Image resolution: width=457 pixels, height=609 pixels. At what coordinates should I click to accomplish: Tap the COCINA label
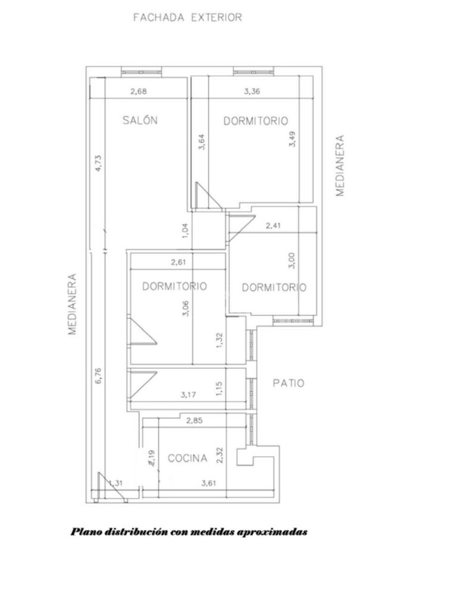pyautogui.click(x=187, y=459)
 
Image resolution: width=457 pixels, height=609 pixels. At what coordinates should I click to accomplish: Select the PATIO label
pyautogui.click(x=289, y=384)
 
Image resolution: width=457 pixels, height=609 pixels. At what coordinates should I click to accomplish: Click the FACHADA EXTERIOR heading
pyautogui.click(x=187, y=17)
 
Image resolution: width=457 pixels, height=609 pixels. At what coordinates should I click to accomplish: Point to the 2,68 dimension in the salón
pyautogui.click(x=139, y=92)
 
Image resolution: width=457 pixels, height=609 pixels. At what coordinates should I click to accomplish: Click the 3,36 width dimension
pyautogui.click(x=252, y=92)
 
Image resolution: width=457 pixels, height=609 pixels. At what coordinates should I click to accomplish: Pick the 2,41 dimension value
pyautogui.click(x=273, y=225)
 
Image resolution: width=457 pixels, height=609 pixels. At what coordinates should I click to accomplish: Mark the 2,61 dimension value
pyautogui.click(x=179, y=262)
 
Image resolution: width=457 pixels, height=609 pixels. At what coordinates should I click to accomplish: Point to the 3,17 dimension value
pyautogui.click(x=189, y=395)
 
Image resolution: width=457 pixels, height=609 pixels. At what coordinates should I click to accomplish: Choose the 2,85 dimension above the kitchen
pyautogui.click(x=195, y=420)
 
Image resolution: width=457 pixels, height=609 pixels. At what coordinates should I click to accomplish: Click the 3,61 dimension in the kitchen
pyautogui.click(x=208, y=484)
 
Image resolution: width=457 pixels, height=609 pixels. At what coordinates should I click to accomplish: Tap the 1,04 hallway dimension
pyautogui.click(x=186, y=230)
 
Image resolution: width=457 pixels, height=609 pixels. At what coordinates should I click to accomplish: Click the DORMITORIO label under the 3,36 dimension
pyautogui.click(x=256, y=121)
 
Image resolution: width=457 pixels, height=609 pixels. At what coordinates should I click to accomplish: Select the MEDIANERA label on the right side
pyautogui.click(x=340, y=165)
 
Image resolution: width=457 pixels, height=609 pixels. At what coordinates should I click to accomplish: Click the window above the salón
pyautogui.click(x=140, y=72)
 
